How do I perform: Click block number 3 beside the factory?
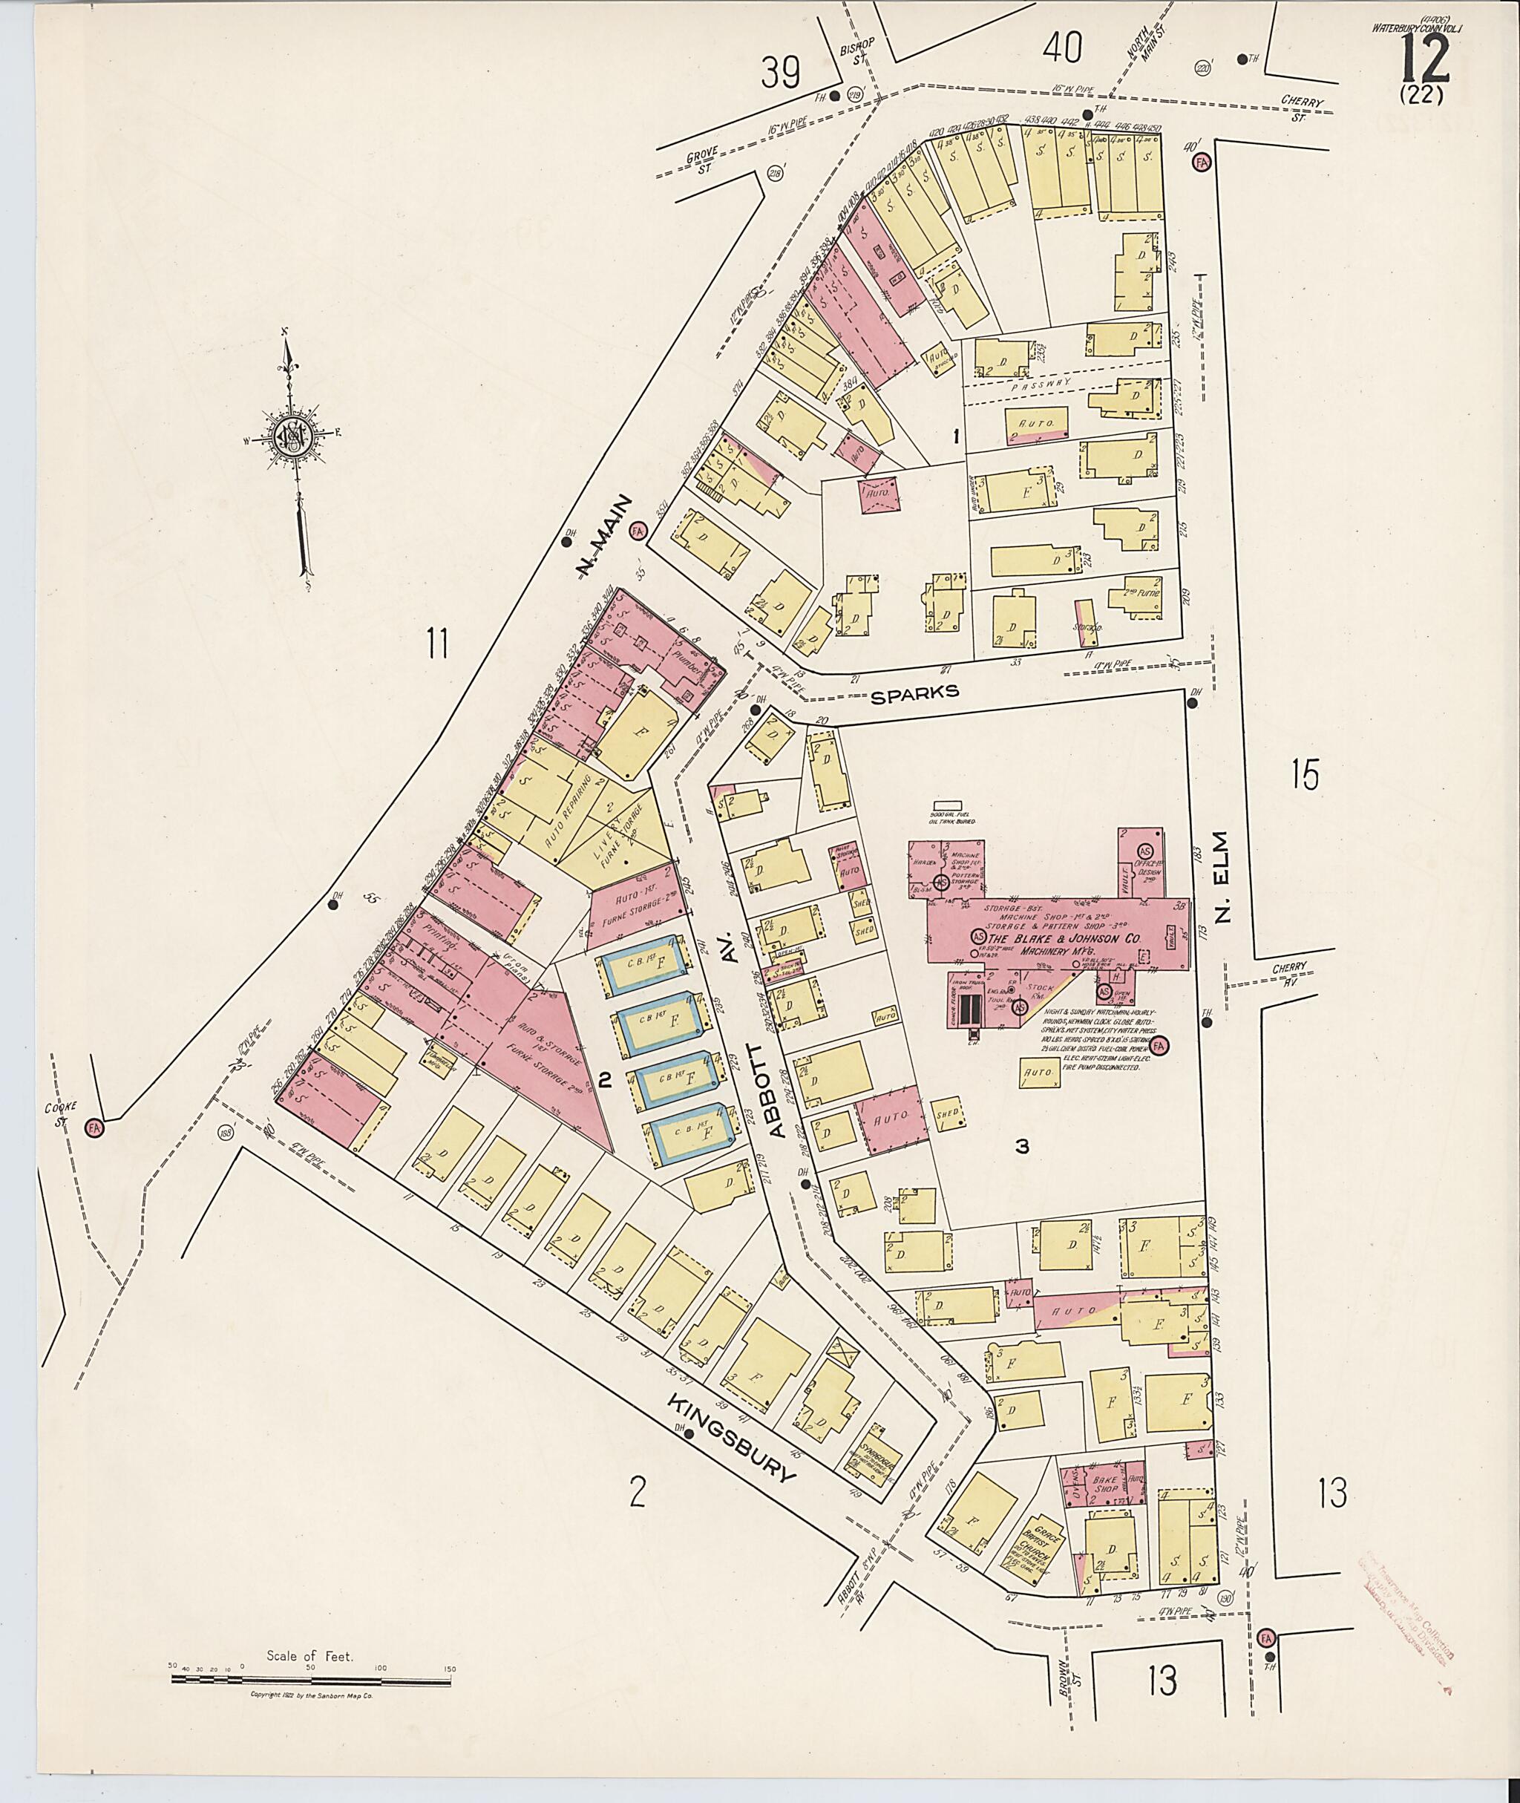(x=1022, y=1146)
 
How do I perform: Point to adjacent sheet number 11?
(x=438, y=643)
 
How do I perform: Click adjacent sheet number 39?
(x=782, y=73)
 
